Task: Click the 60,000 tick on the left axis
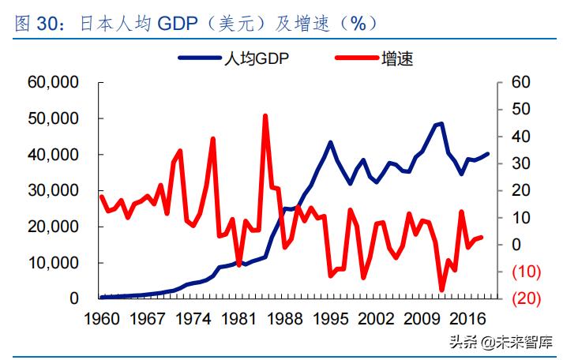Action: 52,82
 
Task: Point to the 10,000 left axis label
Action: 52,263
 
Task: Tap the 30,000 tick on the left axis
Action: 52,191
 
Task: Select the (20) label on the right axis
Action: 525,298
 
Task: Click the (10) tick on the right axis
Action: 525,272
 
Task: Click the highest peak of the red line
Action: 265,116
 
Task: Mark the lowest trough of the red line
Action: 441,290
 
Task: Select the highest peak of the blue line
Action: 441,123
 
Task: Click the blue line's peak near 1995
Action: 330,143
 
